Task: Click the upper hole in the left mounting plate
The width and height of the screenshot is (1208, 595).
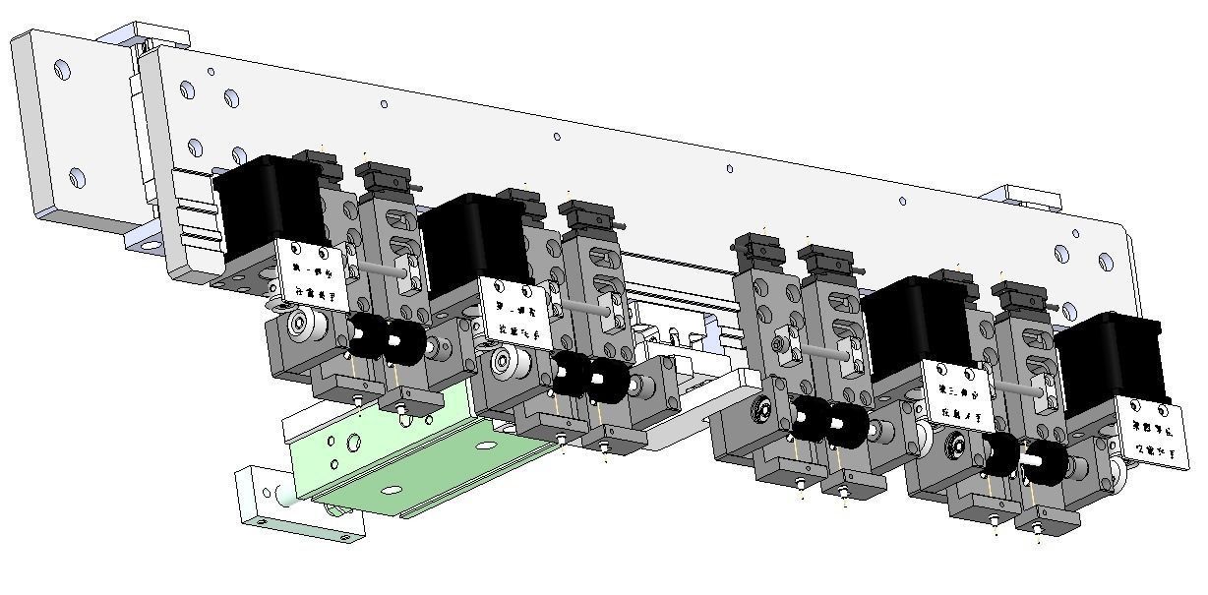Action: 63,71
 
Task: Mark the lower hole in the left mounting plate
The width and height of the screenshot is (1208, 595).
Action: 78,178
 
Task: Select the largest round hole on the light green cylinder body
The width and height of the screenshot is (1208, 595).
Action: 392,488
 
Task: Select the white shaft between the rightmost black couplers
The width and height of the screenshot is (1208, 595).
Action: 1032,459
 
